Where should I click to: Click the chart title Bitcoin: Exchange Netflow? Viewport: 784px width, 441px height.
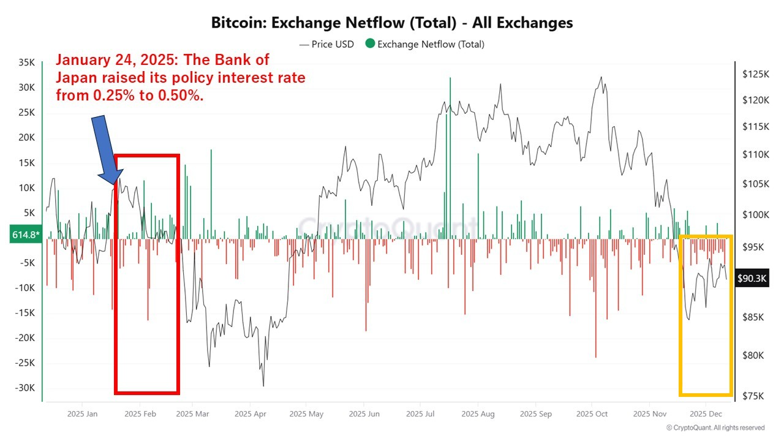[392, 23]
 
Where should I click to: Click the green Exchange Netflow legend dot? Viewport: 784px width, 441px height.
[369, 44]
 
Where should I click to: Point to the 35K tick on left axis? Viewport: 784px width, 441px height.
[27, 62]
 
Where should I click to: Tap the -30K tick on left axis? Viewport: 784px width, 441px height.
[25, 388]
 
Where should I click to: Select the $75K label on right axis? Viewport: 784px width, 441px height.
[755, 396]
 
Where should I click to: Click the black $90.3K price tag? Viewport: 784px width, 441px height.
[752, 278]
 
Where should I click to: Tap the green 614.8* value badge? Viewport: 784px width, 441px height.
[25, 235]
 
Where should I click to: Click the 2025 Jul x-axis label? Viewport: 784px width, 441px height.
[421, 414]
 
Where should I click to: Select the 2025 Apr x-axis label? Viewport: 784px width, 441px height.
[250, 414]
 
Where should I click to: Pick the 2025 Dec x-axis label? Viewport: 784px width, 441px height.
[706, 414]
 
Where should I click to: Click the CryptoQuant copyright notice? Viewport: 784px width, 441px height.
[715, 428]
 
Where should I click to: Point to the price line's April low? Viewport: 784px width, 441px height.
[263, 385]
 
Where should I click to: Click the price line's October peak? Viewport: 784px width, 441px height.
[601, 77]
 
